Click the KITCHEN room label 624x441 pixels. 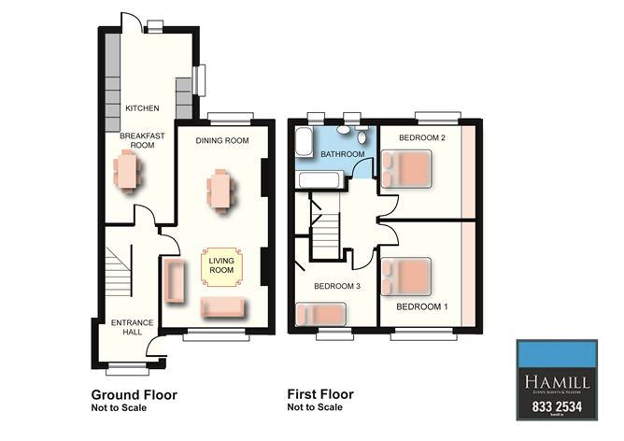[142, 108]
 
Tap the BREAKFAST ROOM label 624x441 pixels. [142, 140]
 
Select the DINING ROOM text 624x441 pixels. [221, 140]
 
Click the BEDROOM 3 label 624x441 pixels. [336, 286]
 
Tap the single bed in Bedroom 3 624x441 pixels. [323, 315]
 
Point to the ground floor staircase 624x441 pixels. [117, 271]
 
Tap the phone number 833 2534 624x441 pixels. [557, 407]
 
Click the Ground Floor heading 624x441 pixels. [134, 394]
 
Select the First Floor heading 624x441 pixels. [320, 394]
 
